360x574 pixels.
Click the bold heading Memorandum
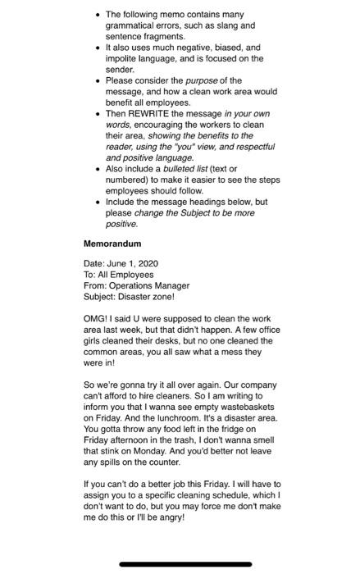[112, 244]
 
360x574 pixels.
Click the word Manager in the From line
[171, 285]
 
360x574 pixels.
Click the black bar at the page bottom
[180, 564]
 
